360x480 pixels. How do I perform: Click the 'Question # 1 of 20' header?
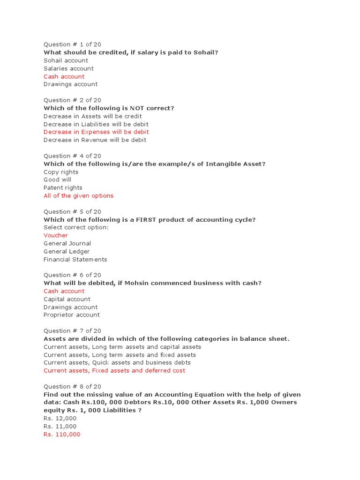point(72,45)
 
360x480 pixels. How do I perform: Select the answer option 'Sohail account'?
point(66,60)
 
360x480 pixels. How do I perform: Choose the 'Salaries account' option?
point(68,68)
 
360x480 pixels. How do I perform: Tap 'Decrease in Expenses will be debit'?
point(96,132)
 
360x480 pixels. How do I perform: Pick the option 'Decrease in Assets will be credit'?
point(92,116)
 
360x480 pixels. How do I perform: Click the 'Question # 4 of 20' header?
point(72,156)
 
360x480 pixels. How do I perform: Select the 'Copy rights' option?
point(61,172)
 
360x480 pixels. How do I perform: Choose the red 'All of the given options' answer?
point(78,196)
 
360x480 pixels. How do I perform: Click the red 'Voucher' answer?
point(56,235)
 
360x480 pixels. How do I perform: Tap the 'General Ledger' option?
point(67,251)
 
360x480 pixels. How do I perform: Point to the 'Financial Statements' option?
point(75,259)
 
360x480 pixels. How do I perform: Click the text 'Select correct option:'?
point(76,227)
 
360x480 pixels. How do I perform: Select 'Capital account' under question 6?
point(67,299)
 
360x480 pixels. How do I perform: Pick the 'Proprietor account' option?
point(72,315)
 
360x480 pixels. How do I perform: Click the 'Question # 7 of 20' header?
point(72,331)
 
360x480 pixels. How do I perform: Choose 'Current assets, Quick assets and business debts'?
point(117,362)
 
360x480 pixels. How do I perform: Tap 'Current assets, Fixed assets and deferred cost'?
point(114,370)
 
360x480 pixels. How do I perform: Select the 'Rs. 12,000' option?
point(60,419)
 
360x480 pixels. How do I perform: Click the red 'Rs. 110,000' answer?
point(62,435)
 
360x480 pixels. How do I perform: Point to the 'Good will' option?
point(58,180)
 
